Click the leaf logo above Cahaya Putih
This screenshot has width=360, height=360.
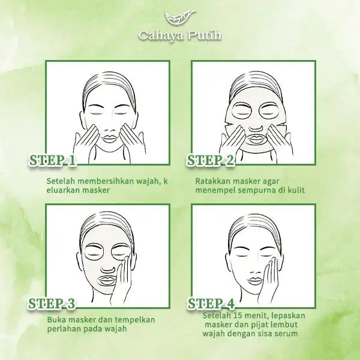coord(181,18)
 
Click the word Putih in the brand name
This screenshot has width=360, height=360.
coord(205,35)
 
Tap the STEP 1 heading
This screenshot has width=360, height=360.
coord(53,160)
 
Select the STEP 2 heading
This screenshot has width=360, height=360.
coord(211,160)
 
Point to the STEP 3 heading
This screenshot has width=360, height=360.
coord(52,303)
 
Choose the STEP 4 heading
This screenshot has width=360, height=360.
coord(211,303)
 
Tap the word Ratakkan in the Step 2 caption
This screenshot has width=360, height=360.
coord(213,181)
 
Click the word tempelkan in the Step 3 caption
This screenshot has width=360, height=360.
coord(135,320)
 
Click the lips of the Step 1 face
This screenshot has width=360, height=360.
coord(109,139)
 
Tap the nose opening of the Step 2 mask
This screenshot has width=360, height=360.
coord(256,128)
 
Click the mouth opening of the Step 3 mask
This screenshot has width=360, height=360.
coord(107,280)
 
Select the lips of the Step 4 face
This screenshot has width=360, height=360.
coord(254,281)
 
